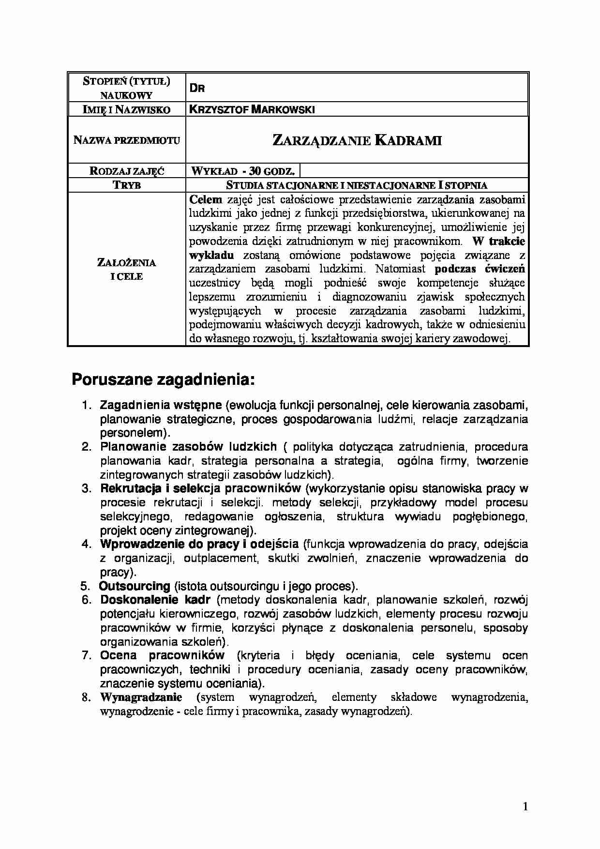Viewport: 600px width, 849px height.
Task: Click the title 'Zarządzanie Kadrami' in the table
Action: (x=357, y=140)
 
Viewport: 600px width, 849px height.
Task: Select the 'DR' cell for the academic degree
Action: (x=197, y=88)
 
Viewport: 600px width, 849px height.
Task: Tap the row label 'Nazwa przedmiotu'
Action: (x=127, y=140)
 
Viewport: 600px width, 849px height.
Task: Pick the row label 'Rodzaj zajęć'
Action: (x=127, y=171)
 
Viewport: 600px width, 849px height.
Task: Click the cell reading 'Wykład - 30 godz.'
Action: (x=243, y=171)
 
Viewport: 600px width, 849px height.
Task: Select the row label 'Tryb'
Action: (x=127, y=185)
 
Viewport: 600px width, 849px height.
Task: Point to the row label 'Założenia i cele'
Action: (x=127, y=270)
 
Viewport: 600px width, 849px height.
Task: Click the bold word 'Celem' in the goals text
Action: (x=206, y=199)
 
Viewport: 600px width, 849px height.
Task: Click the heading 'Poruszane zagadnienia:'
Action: (x=163, y=379)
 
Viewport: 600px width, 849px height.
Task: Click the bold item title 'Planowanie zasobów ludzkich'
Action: (x=189, y=446)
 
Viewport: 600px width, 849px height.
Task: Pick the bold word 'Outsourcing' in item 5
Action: (x=135, y=586)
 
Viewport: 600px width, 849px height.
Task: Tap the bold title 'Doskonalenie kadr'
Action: (x=155, y=600)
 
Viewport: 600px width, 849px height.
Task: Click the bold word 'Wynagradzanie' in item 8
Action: (x=141, y=697)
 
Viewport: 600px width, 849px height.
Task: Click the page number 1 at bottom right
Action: (x=525, y=806)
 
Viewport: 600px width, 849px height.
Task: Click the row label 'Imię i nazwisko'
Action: (x=127, y=109)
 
